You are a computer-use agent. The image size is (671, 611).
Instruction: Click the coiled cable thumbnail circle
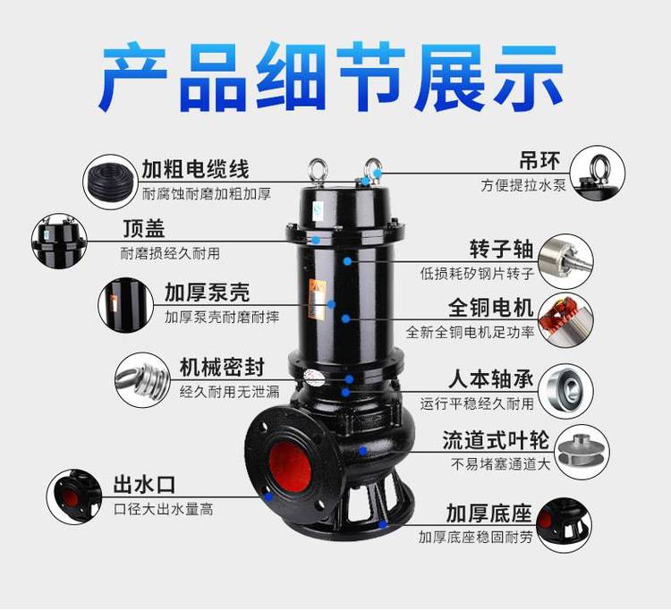111,182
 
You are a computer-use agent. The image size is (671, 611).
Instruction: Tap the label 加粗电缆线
196,169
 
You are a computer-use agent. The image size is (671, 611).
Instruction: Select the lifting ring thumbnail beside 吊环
598,174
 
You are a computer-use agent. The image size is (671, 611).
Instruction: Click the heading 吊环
539,161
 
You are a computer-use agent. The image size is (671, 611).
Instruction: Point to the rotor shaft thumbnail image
565,261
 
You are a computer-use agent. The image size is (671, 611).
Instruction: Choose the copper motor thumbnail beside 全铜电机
565,319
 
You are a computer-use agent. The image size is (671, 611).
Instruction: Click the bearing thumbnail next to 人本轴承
565,391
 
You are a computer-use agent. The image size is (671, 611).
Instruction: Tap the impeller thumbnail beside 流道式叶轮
582,452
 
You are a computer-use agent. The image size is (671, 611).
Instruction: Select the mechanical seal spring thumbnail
142,380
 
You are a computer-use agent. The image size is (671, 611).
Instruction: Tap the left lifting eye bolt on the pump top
318,172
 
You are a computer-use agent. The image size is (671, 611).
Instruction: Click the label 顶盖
144,229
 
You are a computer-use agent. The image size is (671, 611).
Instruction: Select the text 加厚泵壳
207,293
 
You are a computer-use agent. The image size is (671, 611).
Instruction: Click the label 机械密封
222,367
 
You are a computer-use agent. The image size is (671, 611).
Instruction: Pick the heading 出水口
144,485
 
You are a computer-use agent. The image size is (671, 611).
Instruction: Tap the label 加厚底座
488,513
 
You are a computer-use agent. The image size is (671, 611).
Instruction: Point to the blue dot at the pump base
383,524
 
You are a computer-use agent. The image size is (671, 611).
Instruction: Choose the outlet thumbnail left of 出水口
74,497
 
